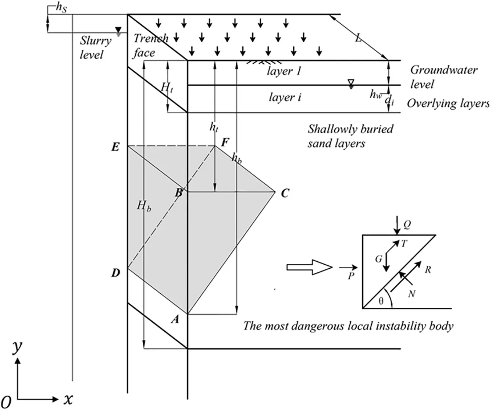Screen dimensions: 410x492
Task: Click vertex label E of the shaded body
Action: (x=115, y=147)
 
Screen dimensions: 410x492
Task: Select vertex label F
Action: (x=225, y=142)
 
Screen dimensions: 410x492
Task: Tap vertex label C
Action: (x=285, y=193)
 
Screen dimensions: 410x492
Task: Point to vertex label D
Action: (x=115, y=273)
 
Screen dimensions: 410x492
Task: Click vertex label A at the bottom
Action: (x=175, y=319)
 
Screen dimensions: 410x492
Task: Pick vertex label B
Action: (x=179, y=192)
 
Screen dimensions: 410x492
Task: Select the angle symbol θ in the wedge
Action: (x=381, y=301)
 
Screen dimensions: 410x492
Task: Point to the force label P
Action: (x=351, y=275)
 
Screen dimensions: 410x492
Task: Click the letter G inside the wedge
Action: (x=378, y=259)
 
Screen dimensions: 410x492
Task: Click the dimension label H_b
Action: (x=144, y=206)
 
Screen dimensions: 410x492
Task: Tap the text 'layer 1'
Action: (x=284, y=71)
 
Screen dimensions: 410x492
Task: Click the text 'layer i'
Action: (x=285, y=98)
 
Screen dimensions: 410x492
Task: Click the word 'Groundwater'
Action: (x=444, y=70)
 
